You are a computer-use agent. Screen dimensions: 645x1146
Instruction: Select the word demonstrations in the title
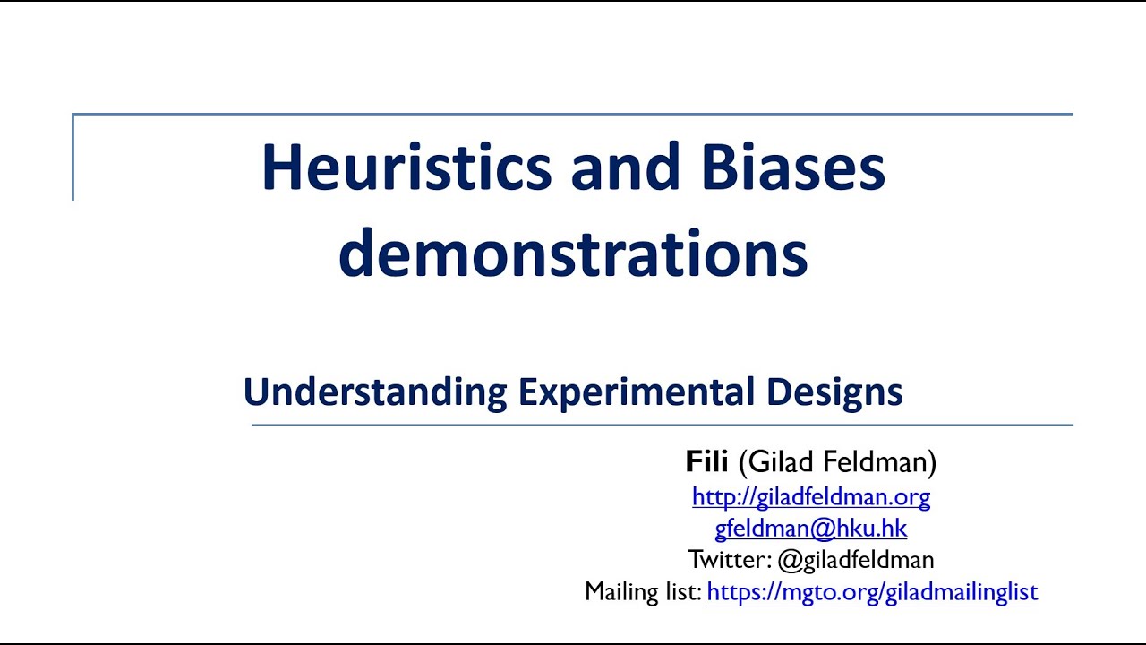coord(573,253)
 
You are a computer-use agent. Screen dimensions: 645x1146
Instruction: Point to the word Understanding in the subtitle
coord(375,392)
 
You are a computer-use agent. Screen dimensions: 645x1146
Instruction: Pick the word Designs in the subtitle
coord(834,392)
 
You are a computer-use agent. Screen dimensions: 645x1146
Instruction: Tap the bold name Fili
coord(707,462)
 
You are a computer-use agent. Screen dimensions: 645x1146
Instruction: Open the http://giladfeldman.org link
coord(811,496)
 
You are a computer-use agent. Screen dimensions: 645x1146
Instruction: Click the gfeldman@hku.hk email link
coord(811,529)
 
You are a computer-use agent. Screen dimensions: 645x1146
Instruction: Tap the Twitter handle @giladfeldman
coord(856,561)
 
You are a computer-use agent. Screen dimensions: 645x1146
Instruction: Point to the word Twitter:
coord(729,561)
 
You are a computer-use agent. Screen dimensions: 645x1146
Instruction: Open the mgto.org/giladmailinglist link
coord(872,592)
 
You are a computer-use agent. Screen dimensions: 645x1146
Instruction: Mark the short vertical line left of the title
coord(73,158)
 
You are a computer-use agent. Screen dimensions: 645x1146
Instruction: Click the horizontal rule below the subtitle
coord(663,425)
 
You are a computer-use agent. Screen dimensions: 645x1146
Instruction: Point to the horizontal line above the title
coord(573,115)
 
